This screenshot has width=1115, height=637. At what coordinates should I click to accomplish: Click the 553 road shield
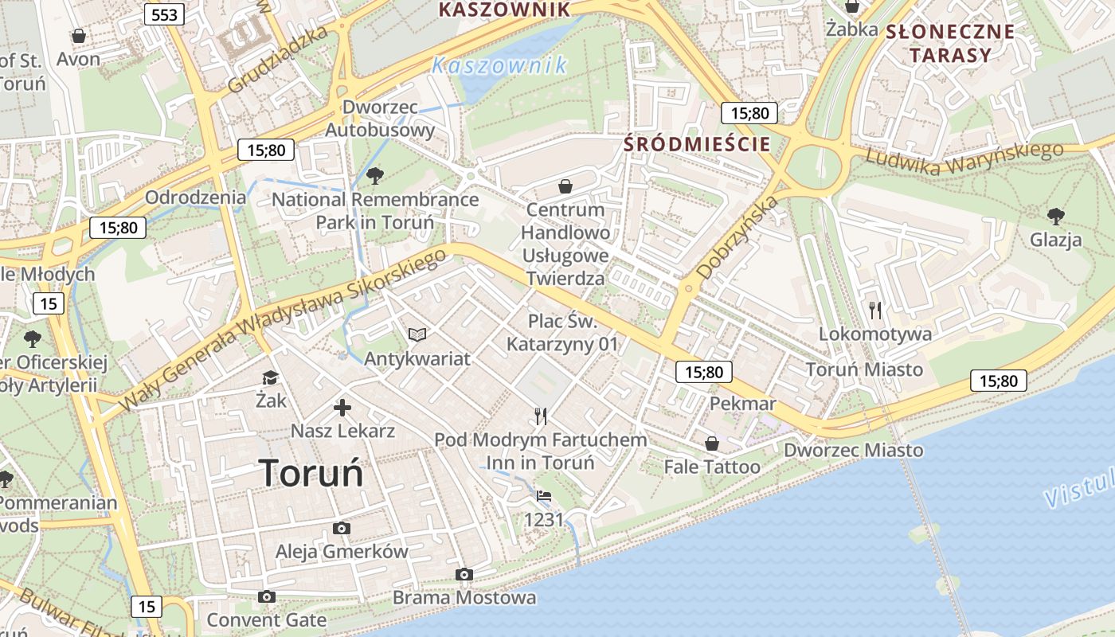tap(164, 14)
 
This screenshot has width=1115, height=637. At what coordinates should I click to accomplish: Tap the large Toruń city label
tap(311, 473)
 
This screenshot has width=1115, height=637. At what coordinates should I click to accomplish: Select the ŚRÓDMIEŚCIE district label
tap(697, 144)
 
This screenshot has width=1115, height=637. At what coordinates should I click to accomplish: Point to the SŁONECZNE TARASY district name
tap(950, 43)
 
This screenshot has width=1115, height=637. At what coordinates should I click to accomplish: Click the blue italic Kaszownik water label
tap(499, 65)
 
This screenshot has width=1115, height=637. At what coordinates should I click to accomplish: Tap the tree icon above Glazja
tap(1056, 215)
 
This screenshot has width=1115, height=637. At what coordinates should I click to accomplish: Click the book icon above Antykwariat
tap(417, 334)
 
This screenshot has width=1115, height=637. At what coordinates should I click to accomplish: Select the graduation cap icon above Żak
tap(271, 377)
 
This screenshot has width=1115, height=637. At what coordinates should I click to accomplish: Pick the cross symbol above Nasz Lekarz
tap(342, 408)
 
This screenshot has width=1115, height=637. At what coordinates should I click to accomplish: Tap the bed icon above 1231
tap(544, 496)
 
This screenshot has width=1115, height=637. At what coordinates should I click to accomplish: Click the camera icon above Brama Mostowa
tap(464, 574)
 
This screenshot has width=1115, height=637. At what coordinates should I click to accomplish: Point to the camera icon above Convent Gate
tap(267, 596)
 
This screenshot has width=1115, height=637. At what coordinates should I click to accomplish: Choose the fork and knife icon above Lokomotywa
tap(875, 309)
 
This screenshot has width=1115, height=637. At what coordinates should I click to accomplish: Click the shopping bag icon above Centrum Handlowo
tap(565, 186)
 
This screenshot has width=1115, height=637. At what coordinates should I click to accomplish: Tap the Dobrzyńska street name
tap(737, 237)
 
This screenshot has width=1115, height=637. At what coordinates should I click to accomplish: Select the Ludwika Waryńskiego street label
tap(964, 159)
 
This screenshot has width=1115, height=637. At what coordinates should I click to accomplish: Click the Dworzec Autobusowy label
tap(381, 118)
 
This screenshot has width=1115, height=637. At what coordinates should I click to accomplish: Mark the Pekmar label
tap(742, 404)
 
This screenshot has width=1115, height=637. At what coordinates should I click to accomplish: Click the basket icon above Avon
tap(79, 36)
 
